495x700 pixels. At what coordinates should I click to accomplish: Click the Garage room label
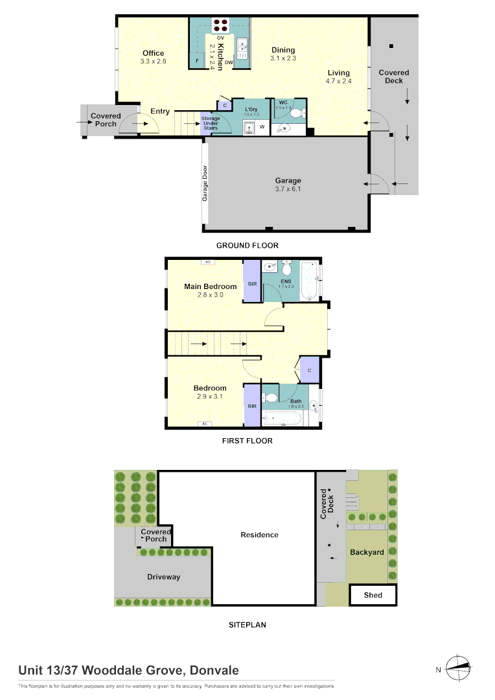(x=288, y=181)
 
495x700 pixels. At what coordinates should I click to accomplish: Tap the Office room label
(x=154, y=53)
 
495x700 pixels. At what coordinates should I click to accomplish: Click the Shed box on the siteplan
(x=373, y=594)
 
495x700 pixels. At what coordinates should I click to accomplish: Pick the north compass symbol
(x=459, y=668)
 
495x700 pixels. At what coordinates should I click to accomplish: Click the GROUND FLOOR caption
(x=247, y=246)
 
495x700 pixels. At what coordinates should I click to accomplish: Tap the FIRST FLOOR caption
(x=247, y=441)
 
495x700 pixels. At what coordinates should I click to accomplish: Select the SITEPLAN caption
(x=247, y=625)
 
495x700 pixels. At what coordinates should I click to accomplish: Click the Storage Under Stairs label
(x=211, y=123)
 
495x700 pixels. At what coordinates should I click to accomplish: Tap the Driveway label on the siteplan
(x=163, y=577)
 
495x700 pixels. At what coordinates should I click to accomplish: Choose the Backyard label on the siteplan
(x=367, y=552)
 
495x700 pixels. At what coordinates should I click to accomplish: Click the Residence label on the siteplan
(x=259, y=535)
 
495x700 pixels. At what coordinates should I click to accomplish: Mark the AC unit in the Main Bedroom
(x=208, y=262)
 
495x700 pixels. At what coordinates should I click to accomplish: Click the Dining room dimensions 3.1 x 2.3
(x=283, y=58)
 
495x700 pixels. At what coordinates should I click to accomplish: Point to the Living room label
(x=338, y=73)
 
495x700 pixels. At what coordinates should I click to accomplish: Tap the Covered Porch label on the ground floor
(x=106, y=120)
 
